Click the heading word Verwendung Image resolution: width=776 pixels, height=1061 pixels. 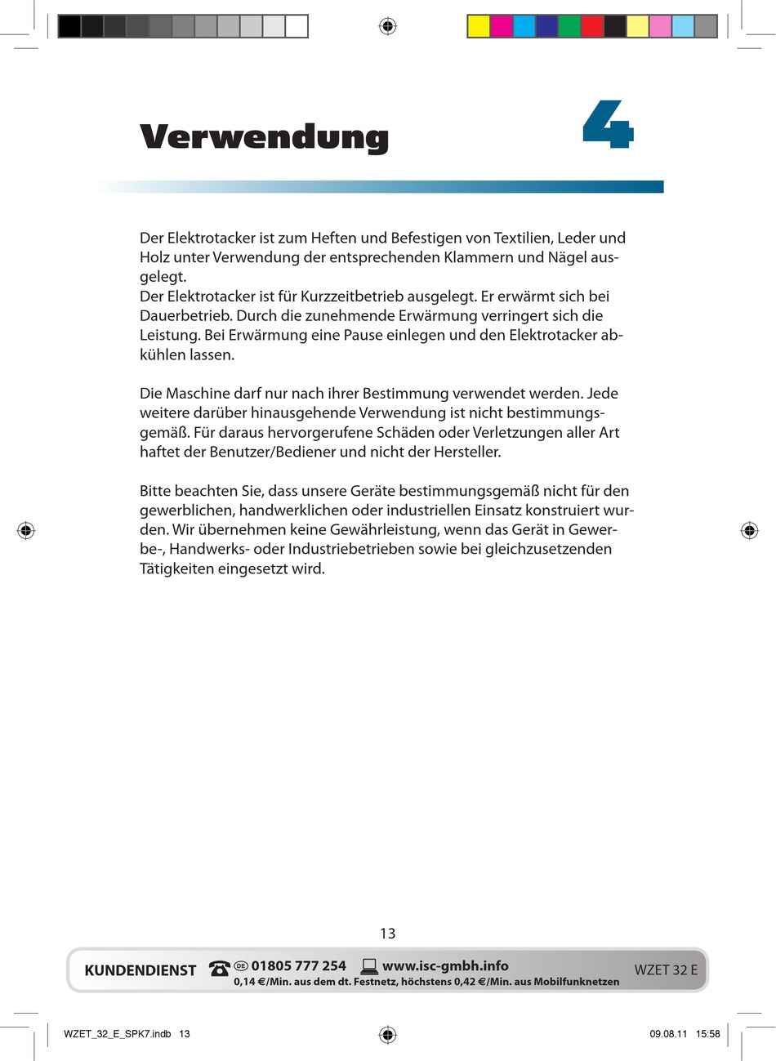click(x=264, y=136)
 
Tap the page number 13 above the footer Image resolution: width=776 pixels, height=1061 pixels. click(x=387, y=933)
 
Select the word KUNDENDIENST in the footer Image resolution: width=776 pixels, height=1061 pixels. click(x=140, y=970)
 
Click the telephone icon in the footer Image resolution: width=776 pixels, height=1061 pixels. click(x=219, y=969)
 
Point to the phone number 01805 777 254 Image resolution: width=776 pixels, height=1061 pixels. click(x=298, y=965)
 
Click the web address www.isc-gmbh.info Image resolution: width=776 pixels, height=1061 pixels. click(x=445, y=965)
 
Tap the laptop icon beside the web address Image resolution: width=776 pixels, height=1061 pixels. click(x=369, y=966)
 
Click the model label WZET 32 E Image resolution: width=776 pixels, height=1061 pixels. click(x=666, y=970)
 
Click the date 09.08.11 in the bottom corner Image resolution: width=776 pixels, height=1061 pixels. click(x=668, y=1034)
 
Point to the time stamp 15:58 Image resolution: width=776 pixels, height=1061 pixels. click(x=708, y=1034)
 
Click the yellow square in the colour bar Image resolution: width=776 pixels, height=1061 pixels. click(x=479, y=26)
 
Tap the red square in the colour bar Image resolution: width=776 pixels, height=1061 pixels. click(x=592, y=26)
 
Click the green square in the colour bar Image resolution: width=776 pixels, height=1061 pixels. click(x=569, y=26)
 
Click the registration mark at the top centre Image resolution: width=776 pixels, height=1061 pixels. click(x=388, y=26)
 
